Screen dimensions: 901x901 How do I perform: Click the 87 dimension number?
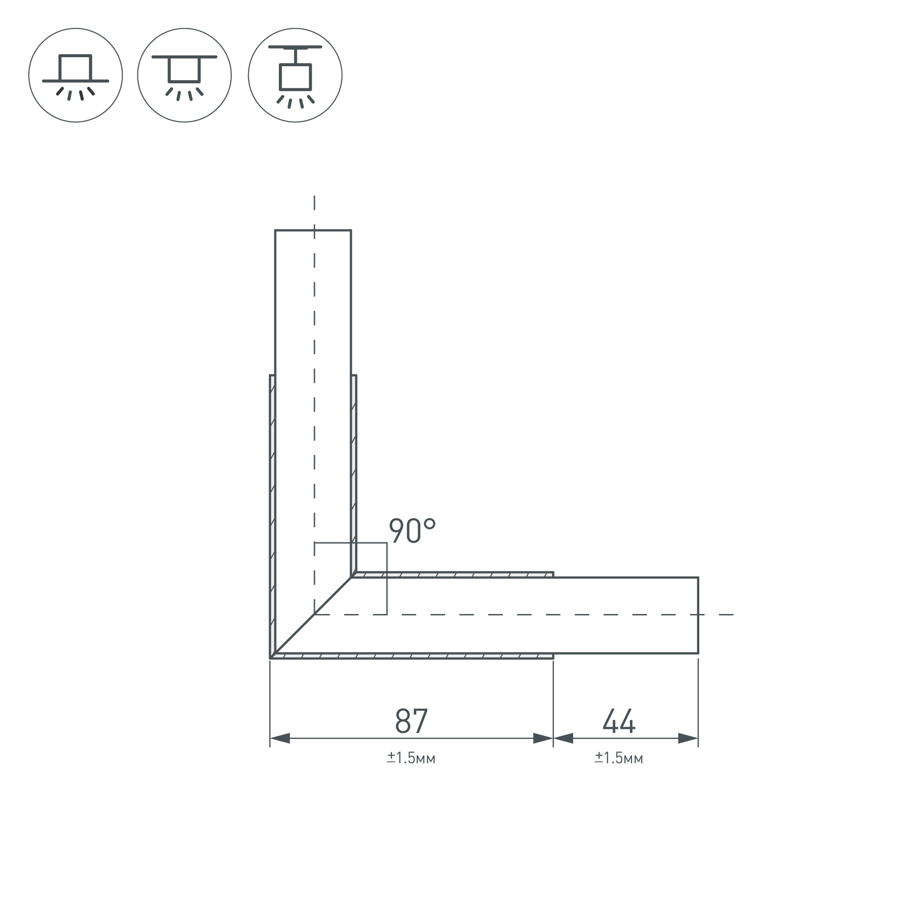pos(411,720)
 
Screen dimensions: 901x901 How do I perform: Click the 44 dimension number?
pos(619,720)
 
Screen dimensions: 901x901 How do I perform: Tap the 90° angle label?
pos(412,531)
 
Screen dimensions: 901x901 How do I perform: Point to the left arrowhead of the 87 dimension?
pos(280,738)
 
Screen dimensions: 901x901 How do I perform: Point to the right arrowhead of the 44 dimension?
pos(688,738)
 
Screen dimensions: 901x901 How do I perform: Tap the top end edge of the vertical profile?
pos(313,230)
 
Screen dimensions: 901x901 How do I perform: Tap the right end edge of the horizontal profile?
pos(698,615)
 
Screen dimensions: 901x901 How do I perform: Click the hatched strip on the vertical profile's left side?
pos(273,513)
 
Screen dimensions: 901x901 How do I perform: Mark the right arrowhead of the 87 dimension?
pos(543,738)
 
